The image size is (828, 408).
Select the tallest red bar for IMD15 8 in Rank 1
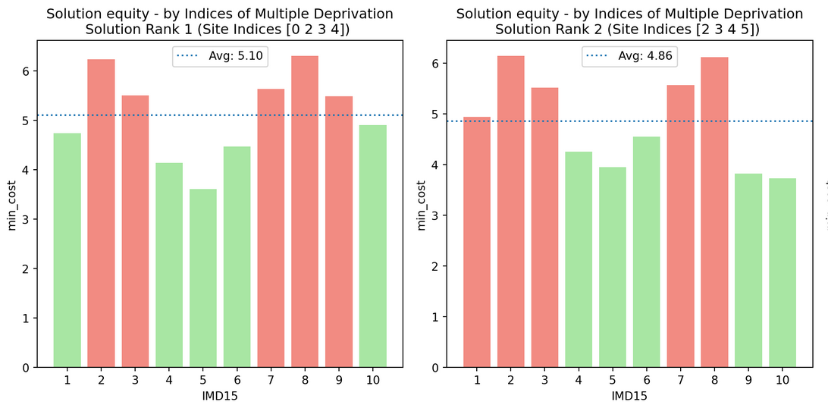[x=305, y=212]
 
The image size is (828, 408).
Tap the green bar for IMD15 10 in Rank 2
[x=783, y=272]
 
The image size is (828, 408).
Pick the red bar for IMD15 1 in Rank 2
[x=477, y=242]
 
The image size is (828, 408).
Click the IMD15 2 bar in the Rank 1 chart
[x=101, y=213]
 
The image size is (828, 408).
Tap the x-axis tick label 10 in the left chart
[x=373, y=380]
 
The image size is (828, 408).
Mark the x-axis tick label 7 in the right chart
[x=681, y=380]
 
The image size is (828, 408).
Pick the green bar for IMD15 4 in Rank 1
[x=169, y=265]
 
